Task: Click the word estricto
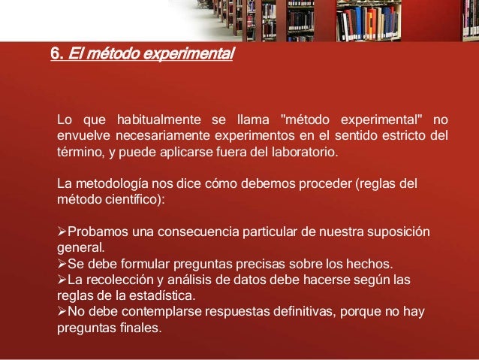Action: point(399,136)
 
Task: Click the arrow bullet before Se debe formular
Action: point(62,264)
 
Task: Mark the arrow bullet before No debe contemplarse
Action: point(62,313)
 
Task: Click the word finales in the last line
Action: point(137,328)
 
